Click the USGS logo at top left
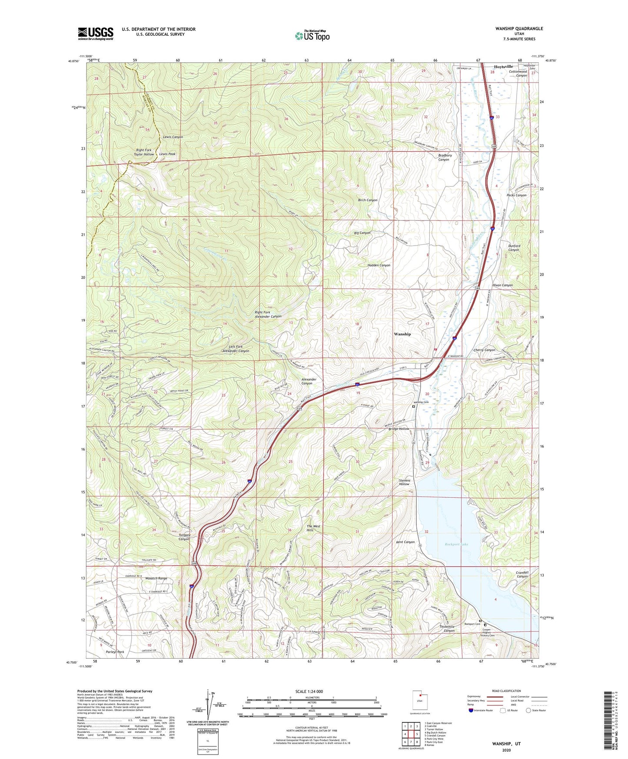tap(96, 33)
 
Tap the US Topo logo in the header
tap(312, 36)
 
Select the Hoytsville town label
tap(503, 67)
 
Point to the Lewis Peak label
tap(167, 154)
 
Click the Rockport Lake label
tap(456, 544)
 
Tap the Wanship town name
tap(402, 334)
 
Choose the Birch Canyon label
tap(367, 200)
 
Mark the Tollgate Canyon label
tap(184, 537)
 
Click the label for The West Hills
tap(313, 528)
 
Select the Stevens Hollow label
tap(404, 482)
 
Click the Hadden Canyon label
tap(379, 265)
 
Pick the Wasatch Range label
tap(156, 578)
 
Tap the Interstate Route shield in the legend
tap(471, 711)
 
